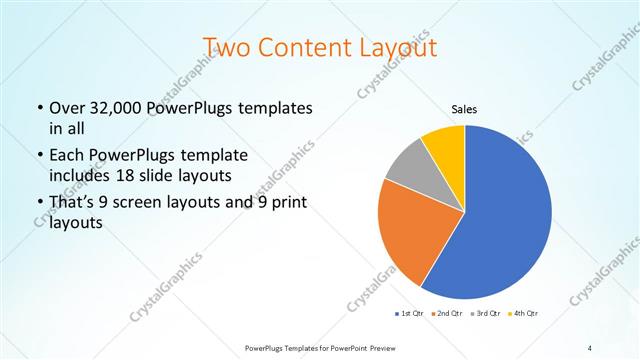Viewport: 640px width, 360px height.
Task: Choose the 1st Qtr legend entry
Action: click(x=410, y=314)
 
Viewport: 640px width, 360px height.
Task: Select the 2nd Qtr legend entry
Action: click(x=446, y=314)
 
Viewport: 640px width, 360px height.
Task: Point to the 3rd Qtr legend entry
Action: click(x=485, y=314)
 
